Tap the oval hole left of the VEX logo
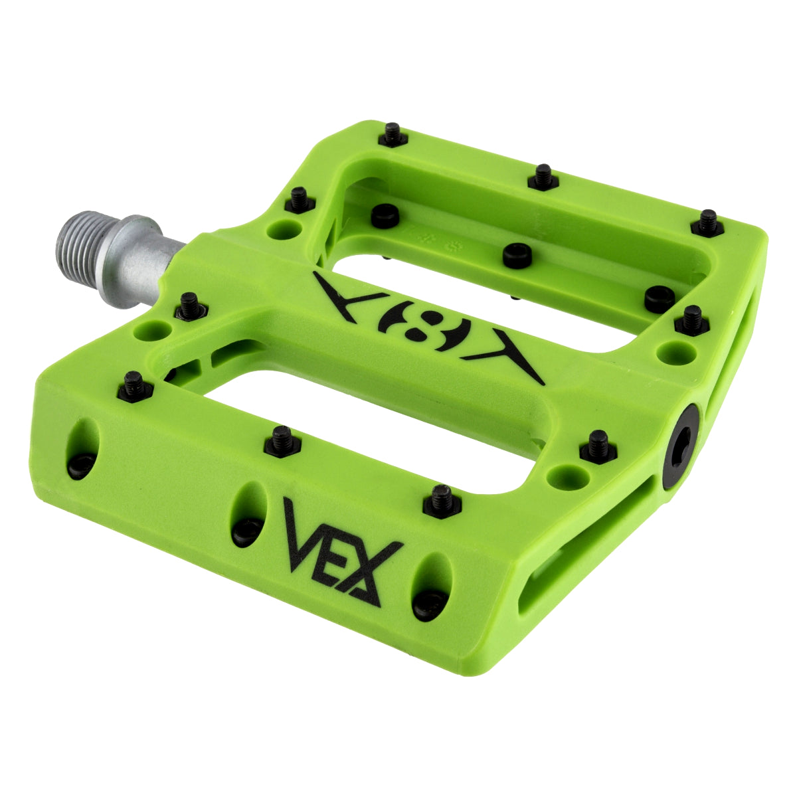[248, 513]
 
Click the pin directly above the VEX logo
[441, 501]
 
